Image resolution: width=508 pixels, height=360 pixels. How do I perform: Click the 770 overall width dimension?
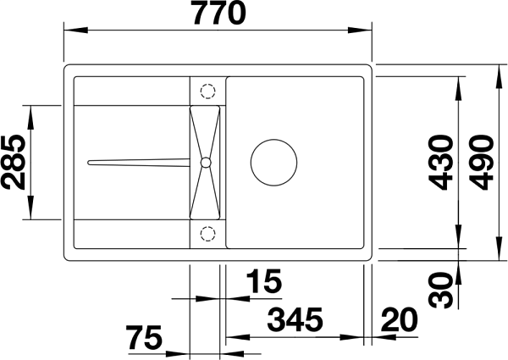tap(219, 13)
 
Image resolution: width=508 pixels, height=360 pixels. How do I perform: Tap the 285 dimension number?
tap(14, 163)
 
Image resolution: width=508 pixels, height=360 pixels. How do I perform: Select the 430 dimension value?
tap(440, 163)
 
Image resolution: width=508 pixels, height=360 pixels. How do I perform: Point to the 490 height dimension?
tap(482, 163)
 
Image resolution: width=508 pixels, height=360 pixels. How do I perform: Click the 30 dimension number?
tap(440, 290)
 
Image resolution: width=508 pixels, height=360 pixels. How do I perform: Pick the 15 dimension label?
tap(263, 281)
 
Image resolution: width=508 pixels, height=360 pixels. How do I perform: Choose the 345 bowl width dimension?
tap(295, 319)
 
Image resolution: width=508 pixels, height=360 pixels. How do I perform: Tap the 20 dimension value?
tap(399, 319)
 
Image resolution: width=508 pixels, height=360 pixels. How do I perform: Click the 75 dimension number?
tap(144, 338)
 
